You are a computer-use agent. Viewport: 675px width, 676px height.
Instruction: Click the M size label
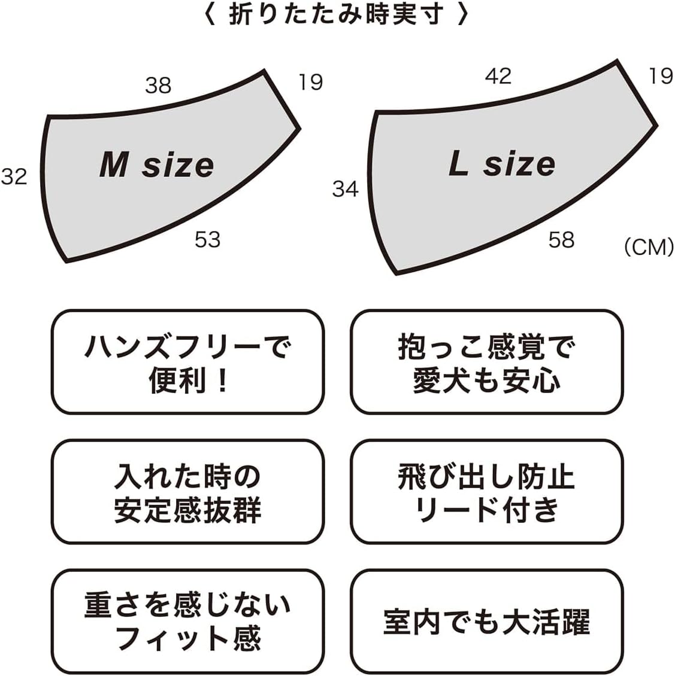(x=157, y=165)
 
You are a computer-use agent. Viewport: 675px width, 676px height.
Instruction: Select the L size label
(x=502, y=163)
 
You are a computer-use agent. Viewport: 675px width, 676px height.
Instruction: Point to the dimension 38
(x=158, y=86)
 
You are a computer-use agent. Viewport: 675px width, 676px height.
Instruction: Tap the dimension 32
(x=14, y=176)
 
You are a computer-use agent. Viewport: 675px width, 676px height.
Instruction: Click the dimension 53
(x=208, y=240)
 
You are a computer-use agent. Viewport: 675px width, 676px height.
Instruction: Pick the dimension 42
(x=498, y=76)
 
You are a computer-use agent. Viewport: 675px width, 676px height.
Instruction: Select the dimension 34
(x=346, y=189)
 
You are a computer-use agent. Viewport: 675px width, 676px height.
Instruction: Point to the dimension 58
(x=561, y=240)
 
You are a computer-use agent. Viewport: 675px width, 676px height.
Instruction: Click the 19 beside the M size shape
(x=311, y=82)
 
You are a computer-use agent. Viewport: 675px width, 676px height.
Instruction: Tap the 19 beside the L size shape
(x=661, y=76)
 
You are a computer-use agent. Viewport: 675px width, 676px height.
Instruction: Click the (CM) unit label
(x=649, y=247)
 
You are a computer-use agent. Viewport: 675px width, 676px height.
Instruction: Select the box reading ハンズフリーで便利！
(x=187, y=362)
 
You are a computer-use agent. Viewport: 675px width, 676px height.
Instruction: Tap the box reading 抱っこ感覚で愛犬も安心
(x=486, y=362)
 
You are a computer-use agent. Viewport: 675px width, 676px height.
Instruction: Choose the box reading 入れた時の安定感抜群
(x=187, y=492)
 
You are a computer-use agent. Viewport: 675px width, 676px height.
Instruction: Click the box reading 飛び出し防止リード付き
(x=486, y=492)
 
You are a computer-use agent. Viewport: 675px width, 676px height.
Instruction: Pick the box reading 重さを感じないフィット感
(x=187, y=621)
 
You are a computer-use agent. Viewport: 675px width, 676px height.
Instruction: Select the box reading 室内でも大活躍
(x=486, y=621)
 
